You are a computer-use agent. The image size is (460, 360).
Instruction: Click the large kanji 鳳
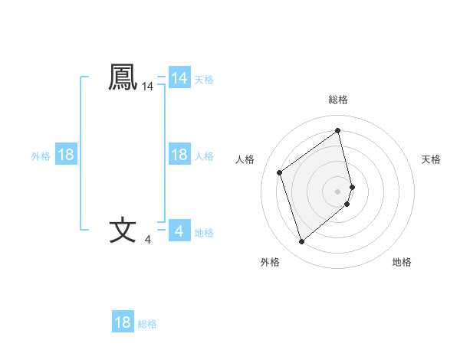coord(123,77)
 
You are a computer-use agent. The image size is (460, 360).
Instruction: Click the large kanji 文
coord(123,230)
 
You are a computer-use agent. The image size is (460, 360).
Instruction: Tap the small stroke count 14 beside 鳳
coord(147,88)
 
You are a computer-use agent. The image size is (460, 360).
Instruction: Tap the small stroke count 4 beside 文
coord(147,241)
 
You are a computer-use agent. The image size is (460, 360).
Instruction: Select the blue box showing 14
coord(179,78)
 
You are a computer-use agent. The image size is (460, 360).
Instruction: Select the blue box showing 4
coord(179,231)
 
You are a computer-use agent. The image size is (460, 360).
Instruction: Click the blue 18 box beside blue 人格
coord(179,155)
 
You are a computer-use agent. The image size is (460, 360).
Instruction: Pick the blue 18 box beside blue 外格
coord(66,155)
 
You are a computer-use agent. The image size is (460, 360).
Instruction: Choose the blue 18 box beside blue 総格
coord(123,322)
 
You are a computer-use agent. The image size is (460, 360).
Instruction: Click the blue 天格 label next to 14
coord(204,79)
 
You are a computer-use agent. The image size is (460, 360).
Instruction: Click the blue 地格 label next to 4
coord(204,232)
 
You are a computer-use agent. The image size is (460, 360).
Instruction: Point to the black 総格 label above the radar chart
coord(338,100)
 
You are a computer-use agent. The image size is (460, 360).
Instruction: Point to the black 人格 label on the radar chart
coord(245,159)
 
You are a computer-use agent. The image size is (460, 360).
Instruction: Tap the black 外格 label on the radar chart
coord(270,262)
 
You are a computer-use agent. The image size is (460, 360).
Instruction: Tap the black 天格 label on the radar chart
coord(431,159)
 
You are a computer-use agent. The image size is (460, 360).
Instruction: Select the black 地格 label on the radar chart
coord(402,262)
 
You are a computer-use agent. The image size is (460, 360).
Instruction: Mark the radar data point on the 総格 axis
coord(338,131)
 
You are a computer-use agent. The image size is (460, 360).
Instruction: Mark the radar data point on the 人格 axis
coord(280,172)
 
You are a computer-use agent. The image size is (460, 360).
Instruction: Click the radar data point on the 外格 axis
coord(301,242)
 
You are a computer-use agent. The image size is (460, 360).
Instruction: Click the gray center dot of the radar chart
coord(338,191)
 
